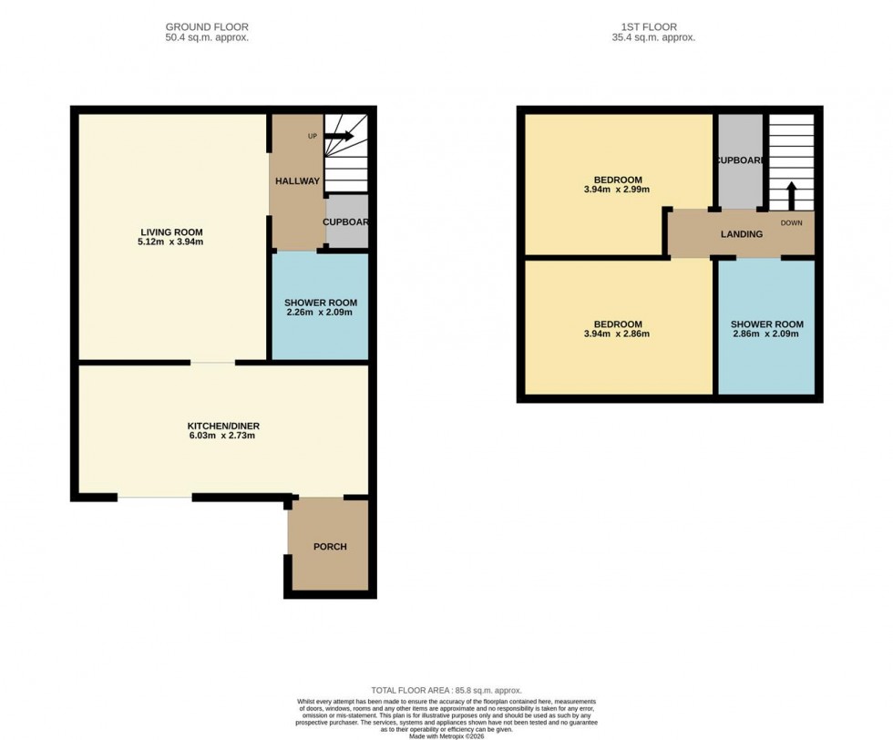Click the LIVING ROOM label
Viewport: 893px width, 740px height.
pyautogui.click(x=171, y=231)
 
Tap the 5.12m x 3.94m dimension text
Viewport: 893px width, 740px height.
pyautogui.click(x=171, y=242)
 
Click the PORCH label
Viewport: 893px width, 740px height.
pyautogui.click(x=330, y=547)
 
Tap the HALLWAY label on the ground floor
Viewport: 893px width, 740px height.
pyautogui.click(x=298, y=181)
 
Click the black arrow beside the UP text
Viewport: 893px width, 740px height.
pyautogui.click(x=339, y=137)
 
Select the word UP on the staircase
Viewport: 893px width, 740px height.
pyautogui.click(x=313, y=137)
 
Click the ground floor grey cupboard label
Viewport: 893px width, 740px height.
pyautogui.click(x=347, y=221)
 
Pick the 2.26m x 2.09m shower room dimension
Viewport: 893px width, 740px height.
pyautogui.click(x=319, y=313)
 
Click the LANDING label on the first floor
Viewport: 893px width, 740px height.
pyautogui.click(x=742, y=234)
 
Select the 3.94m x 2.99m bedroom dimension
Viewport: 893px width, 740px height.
pyautogui.click(x=618, y=190)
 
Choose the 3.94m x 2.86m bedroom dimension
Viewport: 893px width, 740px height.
pyautogui.click(x=618, y=334)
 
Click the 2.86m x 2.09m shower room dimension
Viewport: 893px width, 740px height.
pyautogui.click(x=766, y=334)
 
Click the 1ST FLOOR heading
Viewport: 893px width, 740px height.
pyautogui.click(x=653, y=27)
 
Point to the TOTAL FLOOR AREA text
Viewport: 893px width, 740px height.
pyautogui.click(x=446, y=691)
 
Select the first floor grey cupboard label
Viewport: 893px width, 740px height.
pyautogui.click(x=739, y=160)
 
